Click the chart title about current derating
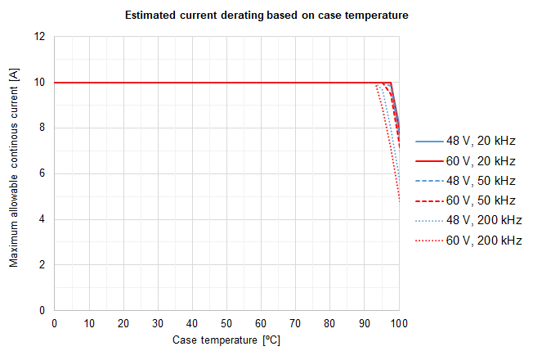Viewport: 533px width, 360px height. coord(266,15)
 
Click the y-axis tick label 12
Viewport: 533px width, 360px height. coord(39,37)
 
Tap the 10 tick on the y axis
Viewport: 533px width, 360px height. coord(39,83)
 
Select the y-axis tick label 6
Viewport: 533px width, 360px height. coord(42,174)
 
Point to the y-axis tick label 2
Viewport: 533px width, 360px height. coord(42,265)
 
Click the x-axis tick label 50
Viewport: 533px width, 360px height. coord(226,324)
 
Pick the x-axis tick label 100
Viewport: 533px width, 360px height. coord(399,324)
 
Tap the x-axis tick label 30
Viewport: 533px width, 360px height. coord(157,324)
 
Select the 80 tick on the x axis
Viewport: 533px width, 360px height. coord(329,324)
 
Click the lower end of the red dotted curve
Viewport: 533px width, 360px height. coord(399,200)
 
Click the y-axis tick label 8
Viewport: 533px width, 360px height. coord(42,128)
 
